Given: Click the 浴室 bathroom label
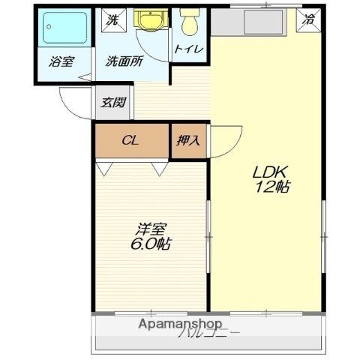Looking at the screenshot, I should [61, 61].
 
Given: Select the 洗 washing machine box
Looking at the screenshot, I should [112, 19].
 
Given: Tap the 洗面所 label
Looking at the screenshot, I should [123, 61].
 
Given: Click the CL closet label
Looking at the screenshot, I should [130, 140].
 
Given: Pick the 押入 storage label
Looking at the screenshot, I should [187, 140].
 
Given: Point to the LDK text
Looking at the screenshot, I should [265, 170].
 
